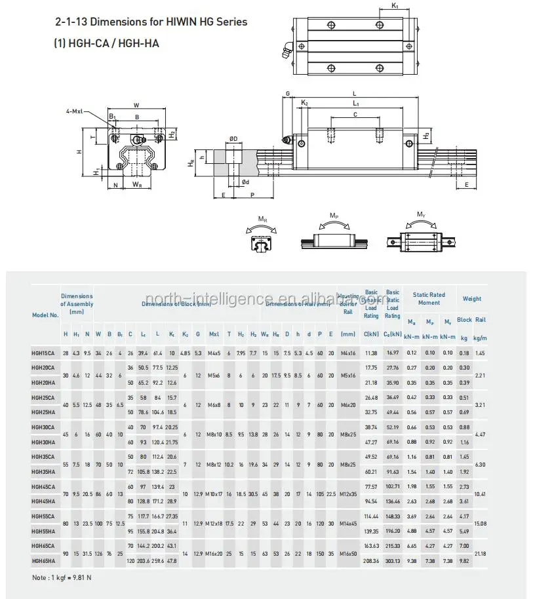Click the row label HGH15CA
tap(43, 353)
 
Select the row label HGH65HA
tap(43, 561)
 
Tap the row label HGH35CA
tap(43, 456)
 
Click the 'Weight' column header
tap(472, 299)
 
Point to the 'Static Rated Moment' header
tap(429, 299)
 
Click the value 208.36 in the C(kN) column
tap(371, 561)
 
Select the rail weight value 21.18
tap(480, 554)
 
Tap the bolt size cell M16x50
tap(348, 554)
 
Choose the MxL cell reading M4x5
tap(214, 353)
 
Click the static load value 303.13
tap(393, 561)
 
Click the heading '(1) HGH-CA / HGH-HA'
tap(106, 43)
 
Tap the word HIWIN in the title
tap(173, 22)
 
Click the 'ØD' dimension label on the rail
tap(233, 138)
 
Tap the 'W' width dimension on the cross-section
tap(136, 104)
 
